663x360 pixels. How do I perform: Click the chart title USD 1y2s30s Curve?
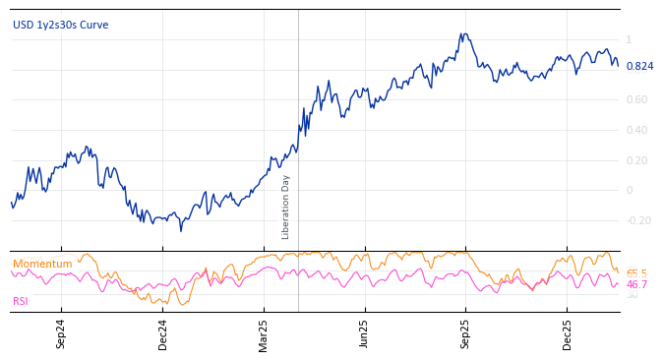[61, 25]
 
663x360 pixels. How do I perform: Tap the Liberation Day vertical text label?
[286, 207]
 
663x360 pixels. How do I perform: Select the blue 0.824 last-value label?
[639, 67]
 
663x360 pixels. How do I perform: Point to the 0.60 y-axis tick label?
[636, 99]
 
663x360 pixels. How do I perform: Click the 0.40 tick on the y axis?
[636, 130]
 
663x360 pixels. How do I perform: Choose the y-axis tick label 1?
[629, 40]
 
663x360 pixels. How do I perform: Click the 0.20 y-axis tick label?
[636, 160]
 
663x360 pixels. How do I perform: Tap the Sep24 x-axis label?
[61, 333]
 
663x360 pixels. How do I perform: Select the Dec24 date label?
[163, 333]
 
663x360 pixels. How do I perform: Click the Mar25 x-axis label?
[264, 333]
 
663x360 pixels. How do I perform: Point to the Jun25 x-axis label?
[365, 333]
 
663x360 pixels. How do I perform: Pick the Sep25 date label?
[466, 333]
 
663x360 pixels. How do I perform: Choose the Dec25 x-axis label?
[568, 333]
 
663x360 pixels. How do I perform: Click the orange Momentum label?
[42, 264]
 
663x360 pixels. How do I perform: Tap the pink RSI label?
[21, 301]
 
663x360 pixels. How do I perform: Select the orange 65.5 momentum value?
[636, 273]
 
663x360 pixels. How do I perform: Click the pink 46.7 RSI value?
[636, 284]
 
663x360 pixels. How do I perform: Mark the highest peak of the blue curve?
[462, 33]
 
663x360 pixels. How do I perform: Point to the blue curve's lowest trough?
[180, 230]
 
